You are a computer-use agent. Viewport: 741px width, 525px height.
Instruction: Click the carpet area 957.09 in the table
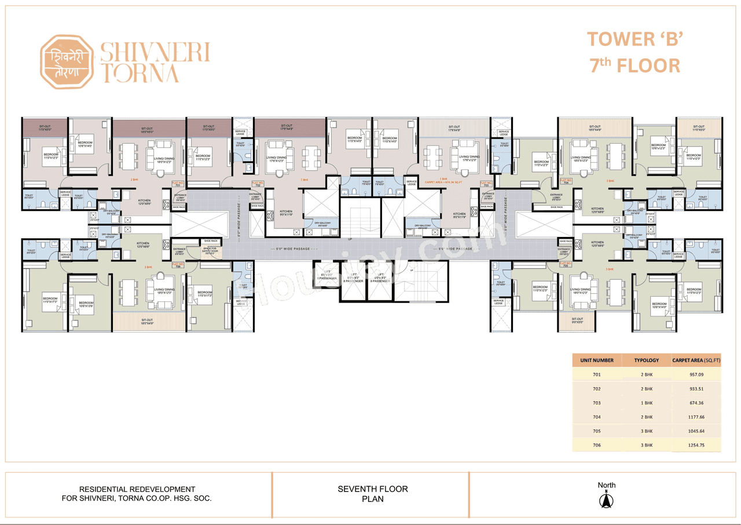coord(696,375)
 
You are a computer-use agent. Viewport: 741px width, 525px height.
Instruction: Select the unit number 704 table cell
coord(596,417)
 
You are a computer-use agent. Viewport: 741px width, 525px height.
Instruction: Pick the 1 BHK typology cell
coord(646,403)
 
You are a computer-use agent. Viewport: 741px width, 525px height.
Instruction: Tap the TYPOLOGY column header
coord(646,360)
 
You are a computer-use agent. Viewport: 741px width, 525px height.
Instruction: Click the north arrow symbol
coord(607,499)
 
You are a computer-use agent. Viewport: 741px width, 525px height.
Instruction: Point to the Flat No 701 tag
coord(177,184)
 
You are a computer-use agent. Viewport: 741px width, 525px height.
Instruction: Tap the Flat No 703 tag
coord(486,184)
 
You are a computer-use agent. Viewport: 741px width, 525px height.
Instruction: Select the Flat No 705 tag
coord(565,264)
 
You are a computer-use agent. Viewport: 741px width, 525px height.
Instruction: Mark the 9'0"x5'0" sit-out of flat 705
coord(577,320)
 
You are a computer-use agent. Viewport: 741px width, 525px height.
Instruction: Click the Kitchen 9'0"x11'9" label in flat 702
coord(286,213)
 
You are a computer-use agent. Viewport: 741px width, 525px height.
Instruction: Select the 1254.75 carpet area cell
coord(696,445)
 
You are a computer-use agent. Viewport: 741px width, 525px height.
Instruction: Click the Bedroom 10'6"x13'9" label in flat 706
coord(86,305)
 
